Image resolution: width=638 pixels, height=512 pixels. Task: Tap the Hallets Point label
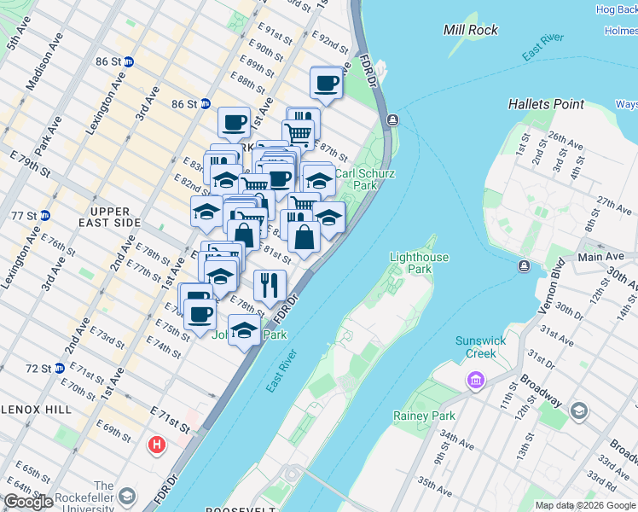(546, 104)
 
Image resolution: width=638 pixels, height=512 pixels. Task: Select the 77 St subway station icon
(44, 215)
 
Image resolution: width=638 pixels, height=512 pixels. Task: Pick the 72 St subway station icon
(59, 369)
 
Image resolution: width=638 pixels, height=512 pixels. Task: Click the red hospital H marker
(157, 445)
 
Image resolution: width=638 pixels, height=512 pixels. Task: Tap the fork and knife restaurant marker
(270, 285)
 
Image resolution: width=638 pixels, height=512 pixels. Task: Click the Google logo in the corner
(28, 502)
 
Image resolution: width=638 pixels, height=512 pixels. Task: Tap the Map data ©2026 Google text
(584, 505)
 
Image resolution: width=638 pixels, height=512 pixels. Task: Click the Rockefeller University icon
(127, 495)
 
